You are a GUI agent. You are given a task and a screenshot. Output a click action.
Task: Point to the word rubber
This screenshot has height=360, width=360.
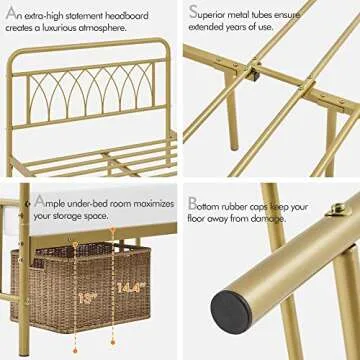pyautogui.click(x=255, y=203)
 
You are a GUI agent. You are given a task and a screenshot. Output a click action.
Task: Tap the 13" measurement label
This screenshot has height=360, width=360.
pyautogui.click(x=88, y=297)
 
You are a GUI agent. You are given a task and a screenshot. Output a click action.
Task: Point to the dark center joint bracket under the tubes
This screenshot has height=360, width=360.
pyautogui.click(x=255, y=72)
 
